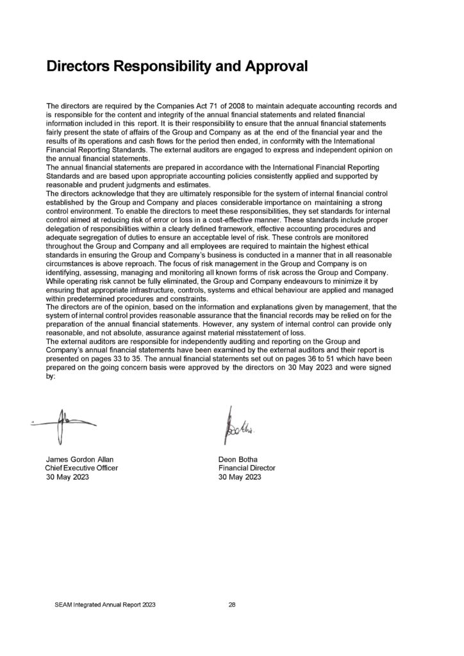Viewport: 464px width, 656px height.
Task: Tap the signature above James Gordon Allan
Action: pos(62,425)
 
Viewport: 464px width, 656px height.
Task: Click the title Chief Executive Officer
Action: pos(77,469)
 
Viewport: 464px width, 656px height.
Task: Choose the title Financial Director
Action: pos(247,469)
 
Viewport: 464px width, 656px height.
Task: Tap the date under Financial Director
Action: pos(240,478)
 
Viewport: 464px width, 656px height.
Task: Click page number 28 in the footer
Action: pos(233,604)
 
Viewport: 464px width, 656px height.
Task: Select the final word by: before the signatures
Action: pos(51,377)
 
